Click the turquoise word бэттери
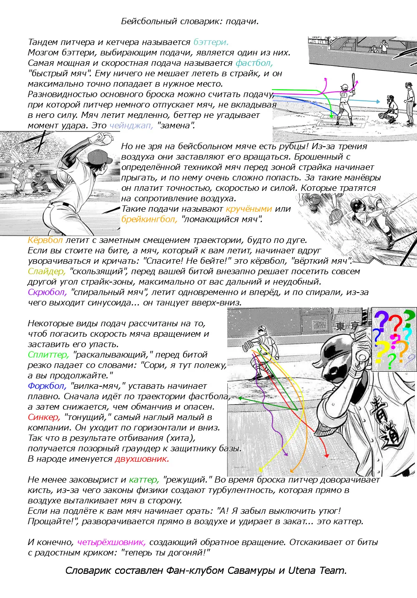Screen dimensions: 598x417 pyautogui.click(x=211, y=42)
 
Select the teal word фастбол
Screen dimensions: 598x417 pyautogui.click(x=254, y=63)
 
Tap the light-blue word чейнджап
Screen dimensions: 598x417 pyautogui.click(x=131, y=125)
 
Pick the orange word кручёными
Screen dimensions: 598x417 pyautogui.click(x=249, y=209)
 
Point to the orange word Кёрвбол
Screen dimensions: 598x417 pyautogui.click(x=45, y=240)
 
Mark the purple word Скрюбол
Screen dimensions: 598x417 pyautogui.click(x=47, y=292)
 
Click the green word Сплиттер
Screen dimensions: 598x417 pyautogui.click(x=48, y=355)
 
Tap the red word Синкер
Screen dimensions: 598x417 pyautogui.click(x=44, y=417)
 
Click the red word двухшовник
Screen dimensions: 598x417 pyautogui.click(x=142, y=459)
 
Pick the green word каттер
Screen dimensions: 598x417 pyautogui.click(x=144, y=480)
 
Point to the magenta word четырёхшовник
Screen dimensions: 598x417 pyautogui.click(x=111, y=542)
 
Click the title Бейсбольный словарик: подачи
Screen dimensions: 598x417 pyautogui.click(x=190, y=21)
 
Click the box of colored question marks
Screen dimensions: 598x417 pyautogui.click(x=394, y=340)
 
